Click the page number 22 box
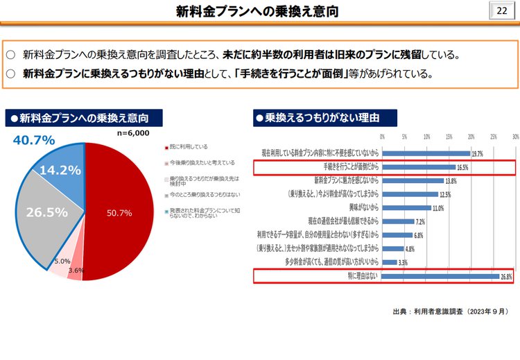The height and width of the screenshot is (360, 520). [x=501, y=11]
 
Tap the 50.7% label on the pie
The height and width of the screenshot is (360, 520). [x=119, y=213]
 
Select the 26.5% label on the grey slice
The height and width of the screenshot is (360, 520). [x=47, y=212]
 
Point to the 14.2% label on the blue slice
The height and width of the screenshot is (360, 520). [x=60, y=170]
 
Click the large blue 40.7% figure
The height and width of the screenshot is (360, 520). [x=34, y=140]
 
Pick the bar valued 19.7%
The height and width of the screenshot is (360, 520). [x=426, y=153]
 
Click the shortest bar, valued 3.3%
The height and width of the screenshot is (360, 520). [x=389, y=262]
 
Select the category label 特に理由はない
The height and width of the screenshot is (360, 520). [x=362, y=277]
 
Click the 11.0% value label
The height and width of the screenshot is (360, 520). [x=438, y=208]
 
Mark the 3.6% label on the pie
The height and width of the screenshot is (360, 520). [x=76, y=270]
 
